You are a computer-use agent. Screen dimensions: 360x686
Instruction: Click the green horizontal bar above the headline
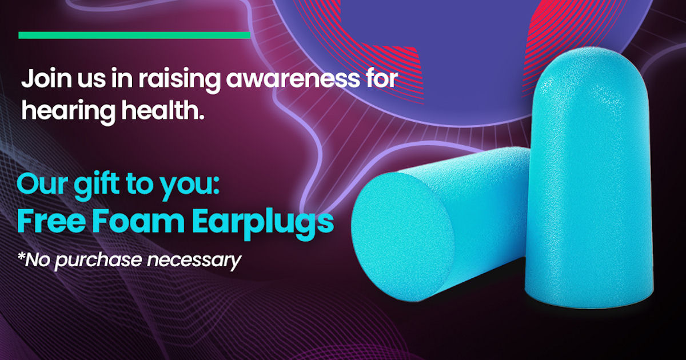point(134,35)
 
